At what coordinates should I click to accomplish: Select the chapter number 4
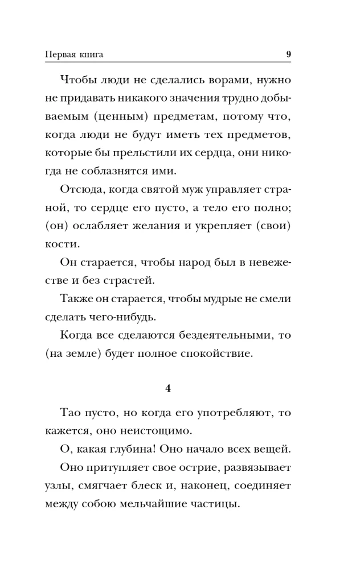168,389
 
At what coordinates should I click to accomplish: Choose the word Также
76,298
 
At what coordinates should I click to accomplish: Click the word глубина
122,450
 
